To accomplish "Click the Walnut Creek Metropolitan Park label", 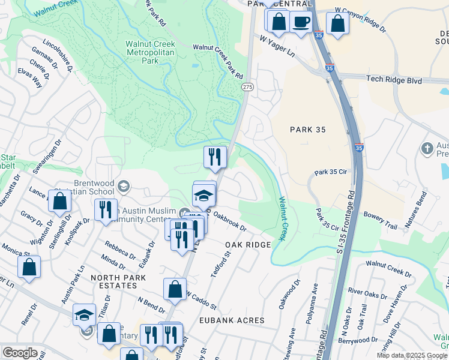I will [142, 52].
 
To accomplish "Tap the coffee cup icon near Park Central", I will [301, 22].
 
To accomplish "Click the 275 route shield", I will [247, 87].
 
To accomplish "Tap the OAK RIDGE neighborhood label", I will [248, 245].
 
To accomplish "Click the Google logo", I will [20, 353].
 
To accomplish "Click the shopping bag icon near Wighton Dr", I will [60, 202].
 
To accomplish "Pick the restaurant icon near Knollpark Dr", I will [105, 209].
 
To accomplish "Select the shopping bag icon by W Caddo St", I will [175, 289].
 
